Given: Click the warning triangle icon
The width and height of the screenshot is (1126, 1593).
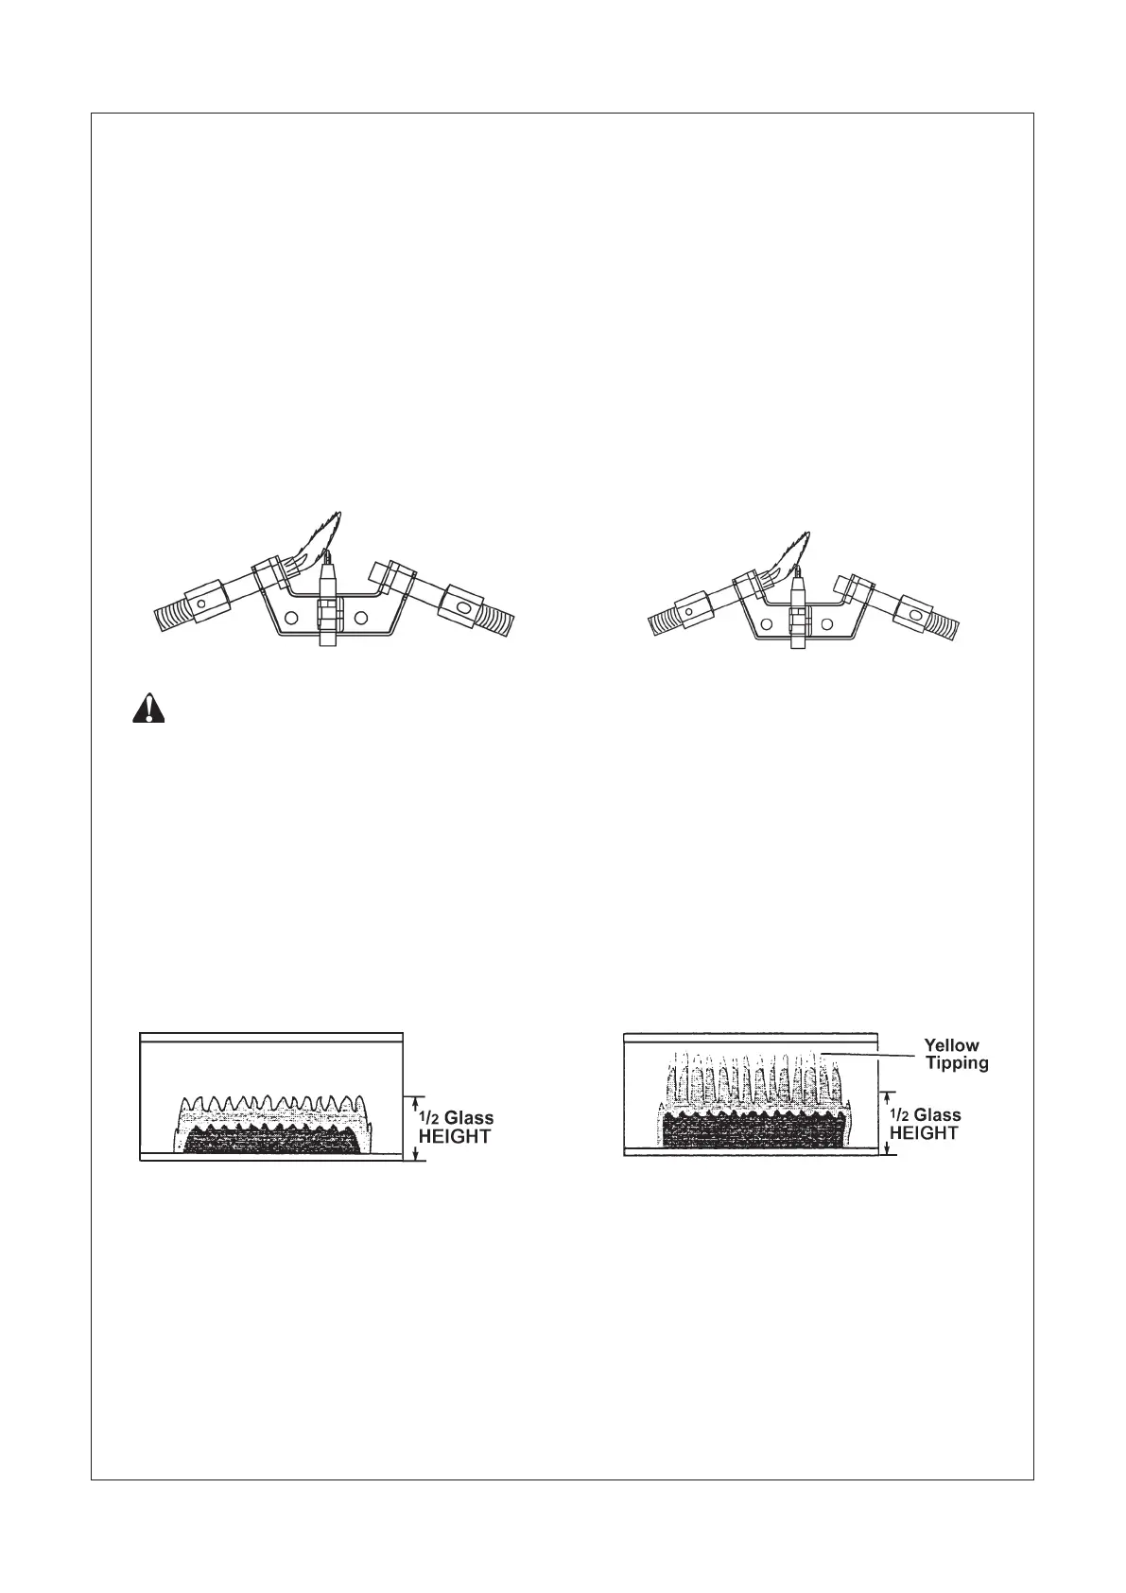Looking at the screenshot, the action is [147, 709].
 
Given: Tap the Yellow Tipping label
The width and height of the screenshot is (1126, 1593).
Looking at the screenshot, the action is [955, 1054].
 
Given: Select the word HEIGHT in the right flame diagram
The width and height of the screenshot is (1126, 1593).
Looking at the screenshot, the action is [925, 1132].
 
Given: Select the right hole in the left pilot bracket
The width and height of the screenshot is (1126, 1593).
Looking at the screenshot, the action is [360, 618].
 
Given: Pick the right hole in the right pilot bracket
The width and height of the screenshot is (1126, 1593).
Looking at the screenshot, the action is [827, 623].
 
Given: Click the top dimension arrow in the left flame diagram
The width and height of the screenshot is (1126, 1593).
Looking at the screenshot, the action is [414, 1101].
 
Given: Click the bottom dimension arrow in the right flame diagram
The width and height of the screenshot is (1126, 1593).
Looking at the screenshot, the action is [886, 1147].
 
